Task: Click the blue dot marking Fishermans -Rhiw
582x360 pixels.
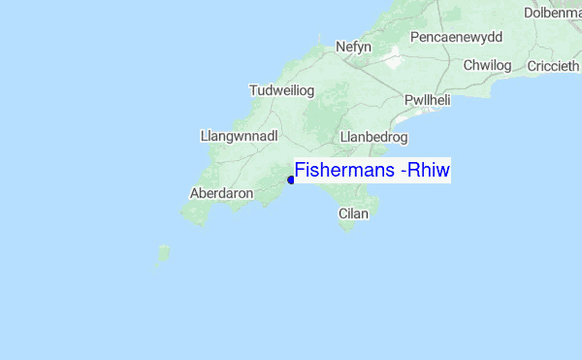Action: [291, 178]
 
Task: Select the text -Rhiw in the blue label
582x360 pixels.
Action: [426, 171]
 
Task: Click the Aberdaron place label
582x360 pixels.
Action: [222, 193]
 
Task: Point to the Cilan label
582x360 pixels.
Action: [353, 213]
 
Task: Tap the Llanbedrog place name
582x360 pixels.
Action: [373, 137]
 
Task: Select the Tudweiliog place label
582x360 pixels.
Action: [282, 90]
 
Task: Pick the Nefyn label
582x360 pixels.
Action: [353, 47]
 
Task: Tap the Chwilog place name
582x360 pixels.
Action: [486, 65]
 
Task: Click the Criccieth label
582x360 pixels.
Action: [554, 65]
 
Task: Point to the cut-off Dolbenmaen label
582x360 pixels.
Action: [552, 13]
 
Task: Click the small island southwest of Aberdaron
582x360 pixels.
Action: [162, 256]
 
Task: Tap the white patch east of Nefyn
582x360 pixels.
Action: [393, 60]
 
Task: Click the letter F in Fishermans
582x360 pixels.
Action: [301, 171]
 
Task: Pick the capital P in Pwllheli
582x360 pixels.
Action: [408, 100]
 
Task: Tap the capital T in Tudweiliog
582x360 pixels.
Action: [253, 90]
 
